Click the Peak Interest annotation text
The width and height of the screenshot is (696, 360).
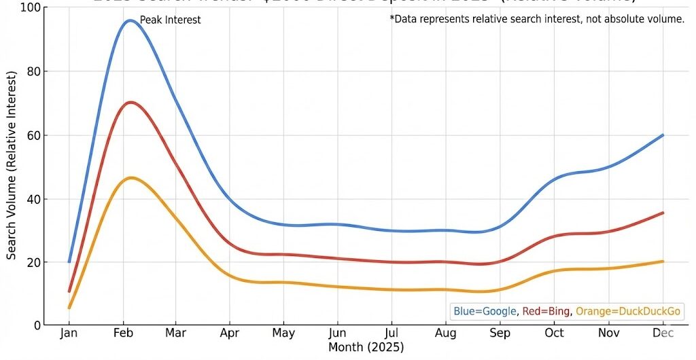pos(170,20)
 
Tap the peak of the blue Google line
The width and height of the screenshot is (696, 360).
pos(129,20)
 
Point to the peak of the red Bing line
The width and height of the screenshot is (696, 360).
pos(130,103)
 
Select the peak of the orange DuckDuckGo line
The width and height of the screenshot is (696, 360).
pos(130,178)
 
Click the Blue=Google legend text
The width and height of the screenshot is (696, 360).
pos(485,312)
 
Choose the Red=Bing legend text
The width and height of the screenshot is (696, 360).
pos(547,312)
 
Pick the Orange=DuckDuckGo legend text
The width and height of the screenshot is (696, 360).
pos(629,312)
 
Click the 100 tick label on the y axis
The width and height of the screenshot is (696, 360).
pos(31,8)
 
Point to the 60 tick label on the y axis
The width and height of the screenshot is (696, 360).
pos(33,135)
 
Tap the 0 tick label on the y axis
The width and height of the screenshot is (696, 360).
pos(37,325)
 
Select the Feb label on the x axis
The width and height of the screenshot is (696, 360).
pos(123,334)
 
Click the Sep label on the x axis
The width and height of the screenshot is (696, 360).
pos(500,334)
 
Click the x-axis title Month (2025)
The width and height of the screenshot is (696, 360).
pos(366,348)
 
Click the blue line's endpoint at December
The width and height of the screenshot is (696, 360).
pos(663,135)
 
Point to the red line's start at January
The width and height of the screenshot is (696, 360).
pos(69,291)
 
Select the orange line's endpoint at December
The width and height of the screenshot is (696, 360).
pos(663,262)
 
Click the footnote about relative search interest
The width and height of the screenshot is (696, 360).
pos(537,19)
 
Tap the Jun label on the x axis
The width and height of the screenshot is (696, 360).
pos(337,334)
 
